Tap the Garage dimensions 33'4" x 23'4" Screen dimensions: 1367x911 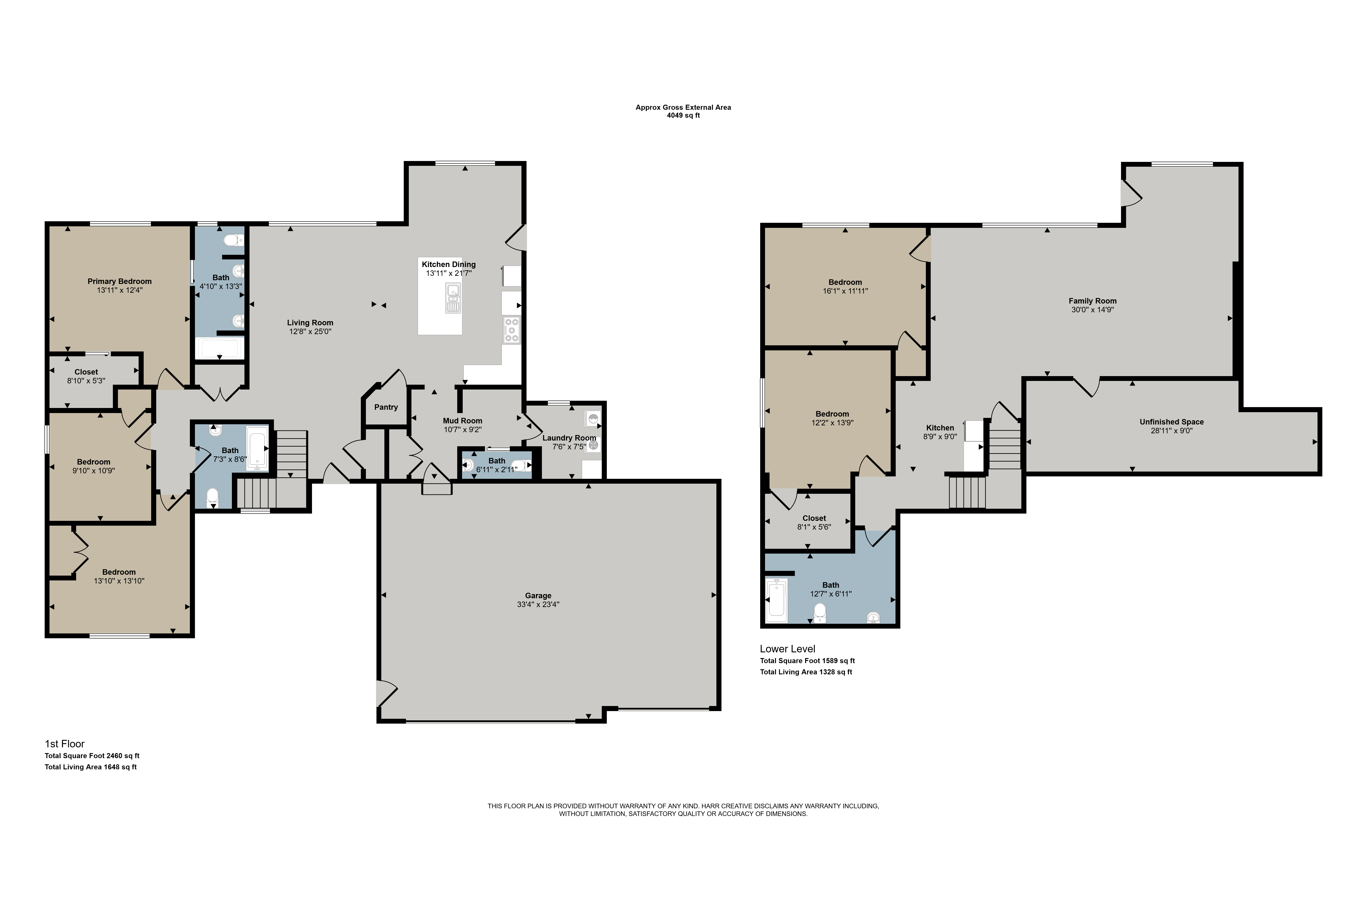click(x=538, y=604)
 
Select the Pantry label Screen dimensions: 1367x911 click(x=386, y=407)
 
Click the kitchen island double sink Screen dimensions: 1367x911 click(x=453, y=297)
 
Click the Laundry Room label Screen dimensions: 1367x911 click(x=569, y=438)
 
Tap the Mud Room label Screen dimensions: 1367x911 click(x=463, y=421)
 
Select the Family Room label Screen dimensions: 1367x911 click(x=1093, y=301)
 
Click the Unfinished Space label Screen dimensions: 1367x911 click(x=1172, y=422)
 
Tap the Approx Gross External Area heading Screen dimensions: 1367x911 click(x=683, y=108)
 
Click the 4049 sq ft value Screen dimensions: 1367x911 click(x=683, y=116)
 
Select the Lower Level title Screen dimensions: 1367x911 click(x=787, y=649)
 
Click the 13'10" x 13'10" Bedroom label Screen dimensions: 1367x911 click(x=119, y=572)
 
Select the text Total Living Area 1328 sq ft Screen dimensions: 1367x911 click(x=806, y=672)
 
